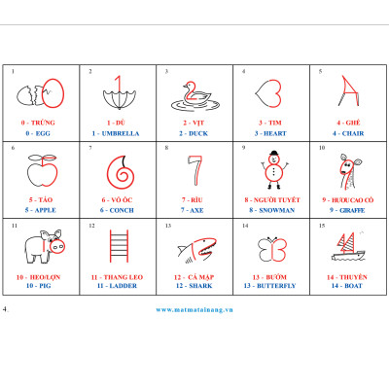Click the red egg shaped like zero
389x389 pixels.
pos(53,93)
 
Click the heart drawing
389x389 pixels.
pos(268,93)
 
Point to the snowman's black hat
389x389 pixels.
pos(274,153)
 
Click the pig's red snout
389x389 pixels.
pos(57,247)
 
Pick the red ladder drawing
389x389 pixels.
pos(119,246)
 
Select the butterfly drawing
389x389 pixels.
pos(272,249)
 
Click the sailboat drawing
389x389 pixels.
pos(348,247)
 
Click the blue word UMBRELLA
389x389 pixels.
pos(121,133)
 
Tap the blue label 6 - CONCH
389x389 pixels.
pos(117,210)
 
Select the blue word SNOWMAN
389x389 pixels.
pos(277,210)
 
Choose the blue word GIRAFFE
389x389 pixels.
pos(352,210)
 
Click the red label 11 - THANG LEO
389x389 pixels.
pos(117,277)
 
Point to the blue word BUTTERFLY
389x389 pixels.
pos(276,286)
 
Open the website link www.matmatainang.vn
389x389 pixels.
pos(194,309)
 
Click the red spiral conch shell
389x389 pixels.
pos(121,172)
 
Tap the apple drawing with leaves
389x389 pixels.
pos(43,170)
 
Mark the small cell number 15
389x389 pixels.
pos(322,226)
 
